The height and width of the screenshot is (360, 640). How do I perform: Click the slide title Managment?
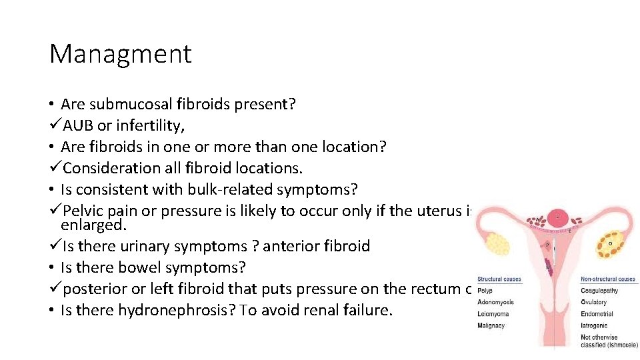[120, 54]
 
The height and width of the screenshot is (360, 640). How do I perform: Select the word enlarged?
[90, 225]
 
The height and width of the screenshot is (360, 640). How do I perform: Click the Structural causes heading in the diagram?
[499, 279]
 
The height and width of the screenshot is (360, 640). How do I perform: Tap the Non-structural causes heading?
[607, 279]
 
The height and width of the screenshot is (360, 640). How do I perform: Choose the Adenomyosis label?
[495, 302]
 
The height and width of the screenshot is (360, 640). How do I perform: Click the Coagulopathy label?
[599, 291]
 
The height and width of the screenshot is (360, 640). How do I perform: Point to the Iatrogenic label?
[595, 325]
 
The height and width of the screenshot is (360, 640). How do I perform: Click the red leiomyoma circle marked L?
[557, 217]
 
